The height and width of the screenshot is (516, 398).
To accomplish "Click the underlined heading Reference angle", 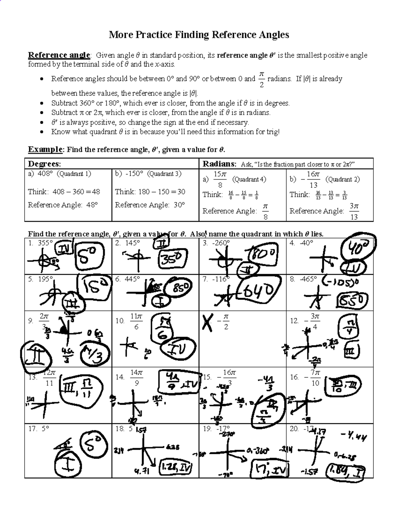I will pyautogui.click(x=59, y=55).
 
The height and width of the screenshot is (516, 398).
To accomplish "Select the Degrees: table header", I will pyautogui.click(x=44, y=164).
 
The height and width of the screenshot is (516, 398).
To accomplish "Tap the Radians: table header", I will pyautogui.click(x=219, y=164).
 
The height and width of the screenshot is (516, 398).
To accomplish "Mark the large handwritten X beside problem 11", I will pyautogui.click(x=208, y=323).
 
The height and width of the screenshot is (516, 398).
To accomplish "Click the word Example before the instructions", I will pyautogui.click(x=45, y=150).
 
